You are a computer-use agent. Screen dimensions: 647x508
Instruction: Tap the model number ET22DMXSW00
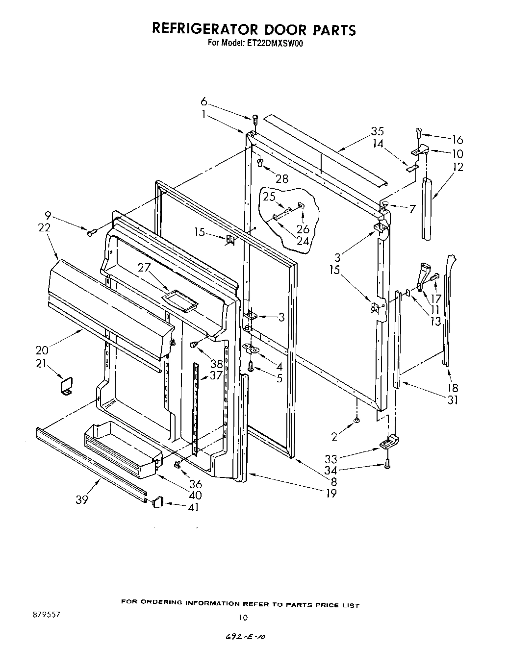point(276,43)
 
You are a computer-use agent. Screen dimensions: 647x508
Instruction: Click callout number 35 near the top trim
point(377,131)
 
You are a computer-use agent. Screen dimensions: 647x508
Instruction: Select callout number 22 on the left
point(44,228)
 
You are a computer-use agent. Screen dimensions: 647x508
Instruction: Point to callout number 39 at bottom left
point(82,499)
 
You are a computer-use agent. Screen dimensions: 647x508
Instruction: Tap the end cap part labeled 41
point(157,502)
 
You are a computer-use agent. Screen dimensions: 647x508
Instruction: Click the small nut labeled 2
point(356,420)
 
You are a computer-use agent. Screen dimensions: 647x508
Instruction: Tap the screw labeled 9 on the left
point(91,233)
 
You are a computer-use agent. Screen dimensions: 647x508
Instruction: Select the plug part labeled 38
point(195,345)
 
